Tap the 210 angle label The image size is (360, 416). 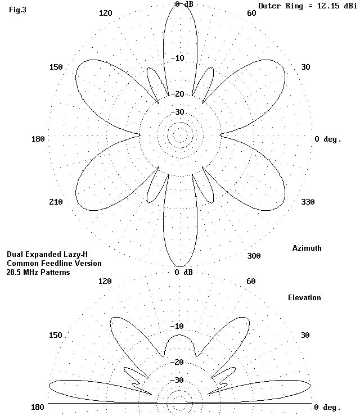point(56,202)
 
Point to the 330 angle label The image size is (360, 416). point(307,202)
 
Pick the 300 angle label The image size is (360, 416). point(254,256)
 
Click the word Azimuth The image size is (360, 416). point(307,248)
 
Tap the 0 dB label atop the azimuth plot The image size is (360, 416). point(184,4)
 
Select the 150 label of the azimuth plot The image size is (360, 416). point(56,67)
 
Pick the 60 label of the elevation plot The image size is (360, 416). point(251,281)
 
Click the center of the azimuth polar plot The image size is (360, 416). point(180,135)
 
